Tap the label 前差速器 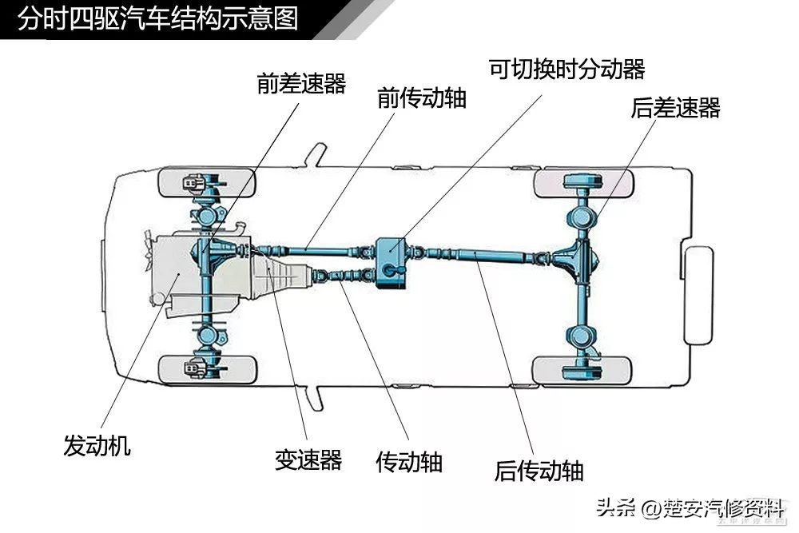[x=301, y=84]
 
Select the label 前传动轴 [x=422, y=99]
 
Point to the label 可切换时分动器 [x=566, y=70]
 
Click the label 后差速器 [x=675, y=108]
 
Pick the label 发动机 [x=97, y=445]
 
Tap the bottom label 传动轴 [x=409, y=462]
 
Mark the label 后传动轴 [x=539, y=470]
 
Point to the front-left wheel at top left [x=207, y=183]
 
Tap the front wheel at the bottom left [x=207, y=368]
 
